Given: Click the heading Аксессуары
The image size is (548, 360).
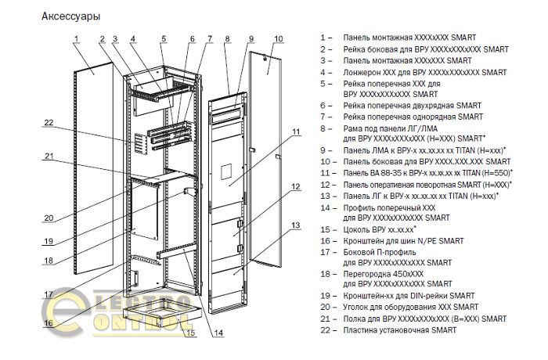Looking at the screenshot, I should (70, 15).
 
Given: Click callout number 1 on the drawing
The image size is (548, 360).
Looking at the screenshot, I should (77, 38).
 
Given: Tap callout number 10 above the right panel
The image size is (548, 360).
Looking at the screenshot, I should (278, 38).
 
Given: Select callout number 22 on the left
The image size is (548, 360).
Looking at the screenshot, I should (48, 122).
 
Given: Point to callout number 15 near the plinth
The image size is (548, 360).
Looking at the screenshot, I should (190, 333).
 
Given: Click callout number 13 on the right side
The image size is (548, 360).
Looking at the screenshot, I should (296, 225).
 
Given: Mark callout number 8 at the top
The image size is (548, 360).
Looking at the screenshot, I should (226, 38).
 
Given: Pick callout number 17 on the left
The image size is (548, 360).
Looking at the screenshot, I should (48, 295).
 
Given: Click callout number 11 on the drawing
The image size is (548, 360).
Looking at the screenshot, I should (296, 131).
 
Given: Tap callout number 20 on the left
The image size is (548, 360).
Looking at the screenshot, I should (48, 218).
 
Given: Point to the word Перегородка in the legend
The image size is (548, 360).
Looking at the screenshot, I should (369, 274).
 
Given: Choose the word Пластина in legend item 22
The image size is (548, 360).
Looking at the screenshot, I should (362, 330).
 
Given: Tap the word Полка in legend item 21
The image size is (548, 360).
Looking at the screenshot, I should (355, 319).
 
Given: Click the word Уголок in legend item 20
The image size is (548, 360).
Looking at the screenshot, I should (359, 308).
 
